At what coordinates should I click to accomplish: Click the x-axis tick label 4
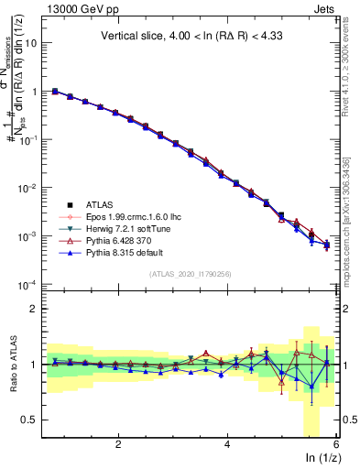pos(227,444)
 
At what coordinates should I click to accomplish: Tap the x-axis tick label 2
pos(118,444)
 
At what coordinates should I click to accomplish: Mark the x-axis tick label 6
pos(336,444)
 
